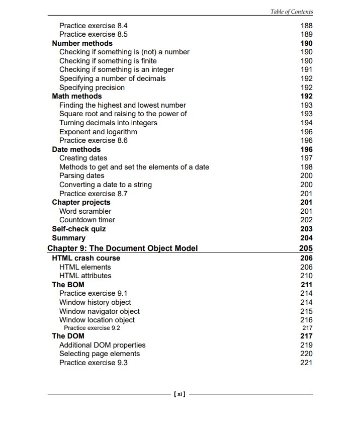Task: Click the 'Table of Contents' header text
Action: tap(291, 12)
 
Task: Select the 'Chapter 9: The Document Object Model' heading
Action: tap(122, 248)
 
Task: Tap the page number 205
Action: tap(305, 248)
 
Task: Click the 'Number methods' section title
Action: tap(82, 43)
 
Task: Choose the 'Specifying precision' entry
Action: tap(92, 88)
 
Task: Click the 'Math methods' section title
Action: tap(76, 96)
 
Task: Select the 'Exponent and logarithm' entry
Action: tap(98, 132)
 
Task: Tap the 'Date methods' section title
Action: tap(76, 149)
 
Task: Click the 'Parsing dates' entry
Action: tap(81, 176)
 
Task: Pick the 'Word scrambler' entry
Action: tap(85, 211)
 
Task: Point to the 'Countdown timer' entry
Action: tap(87, 220)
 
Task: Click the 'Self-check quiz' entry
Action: tap(78, 229)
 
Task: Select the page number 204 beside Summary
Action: tap(306, 238)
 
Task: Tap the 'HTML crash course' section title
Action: tap(86, 258)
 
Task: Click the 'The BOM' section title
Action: tap(68, 285)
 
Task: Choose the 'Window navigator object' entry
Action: tap(99, 311)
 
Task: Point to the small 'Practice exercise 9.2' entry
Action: tap(92, 328)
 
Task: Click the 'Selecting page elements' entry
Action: tap(99, 354)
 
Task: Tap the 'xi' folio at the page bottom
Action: tap(179, 394)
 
